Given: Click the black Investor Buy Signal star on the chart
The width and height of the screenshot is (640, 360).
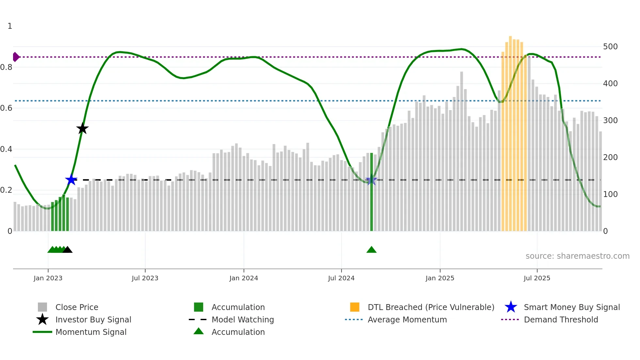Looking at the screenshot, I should (x=82, y=128).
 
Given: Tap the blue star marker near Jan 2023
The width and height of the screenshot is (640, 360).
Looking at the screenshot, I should (x=71, y=180).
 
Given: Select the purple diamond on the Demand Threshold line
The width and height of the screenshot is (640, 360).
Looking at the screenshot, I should (x=16, y=57).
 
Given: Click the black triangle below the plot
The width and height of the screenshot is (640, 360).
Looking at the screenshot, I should (x=67, y=250).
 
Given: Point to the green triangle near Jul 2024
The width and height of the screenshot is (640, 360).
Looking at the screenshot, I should (x=372, y=250).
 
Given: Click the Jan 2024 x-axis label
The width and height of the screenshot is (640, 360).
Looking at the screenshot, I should (x=244, y=278).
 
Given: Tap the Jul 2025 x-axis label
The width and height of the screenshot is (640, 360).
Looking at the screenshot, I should (x=537, y=278).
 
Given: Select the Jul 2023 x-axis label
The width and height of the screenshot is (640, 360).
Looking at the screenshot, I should (x=145, y=278).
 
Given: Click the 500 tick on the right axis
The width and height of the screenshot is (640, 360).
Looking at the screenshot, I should (x=610, y=47).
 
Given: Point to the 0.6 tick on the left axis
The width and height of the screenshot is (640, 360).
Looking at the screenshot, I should (x=6, y=108).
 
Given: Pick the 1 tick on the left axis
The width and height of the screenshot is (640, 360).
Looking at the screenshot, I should (x=10, y=26).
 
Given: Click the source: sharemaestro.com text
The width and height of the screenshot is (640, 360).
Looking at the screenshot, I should (x=577, y=256).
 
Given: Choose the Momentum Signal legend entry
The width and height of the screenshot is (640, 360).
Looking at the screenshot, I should (x=91, y=332).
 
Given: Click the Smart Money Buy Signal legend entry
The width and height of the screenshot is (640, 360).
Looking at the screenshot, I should (x=571, y=307).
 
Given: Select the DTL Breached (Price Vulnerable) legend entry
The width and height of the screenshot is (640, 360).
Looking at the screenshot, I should (x=431, y=307).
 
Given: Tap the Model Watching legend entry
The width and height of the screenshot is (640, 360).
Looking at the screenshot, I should (x=243, y=319).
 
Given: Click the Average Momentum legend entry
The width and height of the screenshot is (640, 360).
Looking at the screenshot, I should (x=407, y=319).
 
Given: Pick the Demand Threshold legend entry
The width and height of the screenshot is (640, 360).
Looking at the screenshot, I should (x=561, y=319).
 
